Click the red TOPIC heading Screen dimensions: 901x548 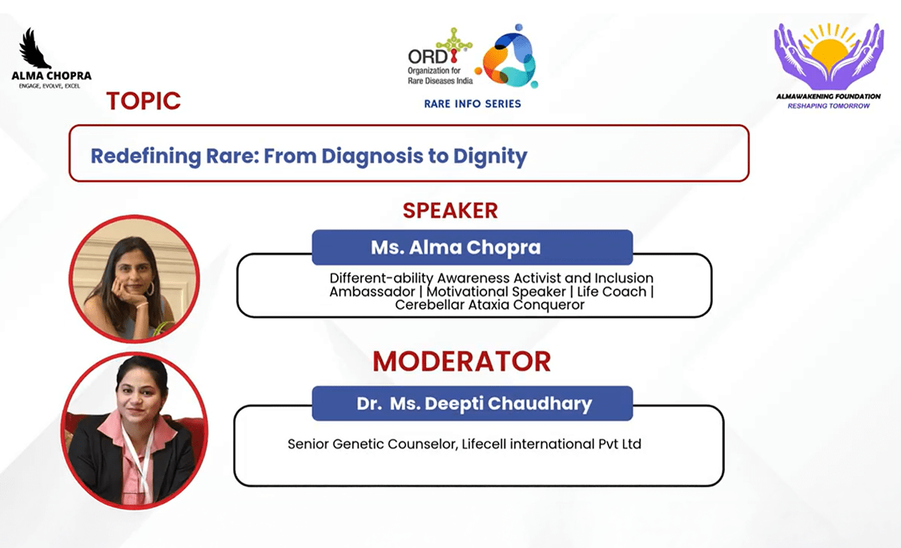click(144, 100)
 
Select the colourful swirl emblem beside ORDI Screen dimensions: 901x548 click(508, 56)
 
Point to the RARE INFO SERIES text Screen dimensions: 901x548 click(473, 104)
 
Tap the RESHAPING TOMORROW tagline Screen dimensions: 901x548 click(828, 106)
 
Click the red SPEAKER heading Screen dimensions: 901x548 click(450, 210)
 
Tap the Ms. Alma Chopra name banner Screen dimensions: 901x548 click(472, 247)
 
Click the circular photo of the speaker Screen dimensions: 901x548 click(134, 279)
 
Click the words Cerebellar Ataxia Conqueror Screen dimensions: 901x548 click(489, 305)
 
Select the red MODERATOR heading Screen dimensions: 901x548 click(462, 362)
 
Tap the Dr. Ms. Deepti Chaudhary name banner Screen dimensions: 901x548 click(472, 403)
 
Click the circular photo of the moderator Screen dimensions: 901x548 click(134, 431)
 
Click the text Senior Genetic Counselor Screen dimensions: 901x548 click(372, 444)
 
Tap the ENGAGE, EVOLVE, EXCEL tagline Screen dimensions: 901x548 click(50, 86)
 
